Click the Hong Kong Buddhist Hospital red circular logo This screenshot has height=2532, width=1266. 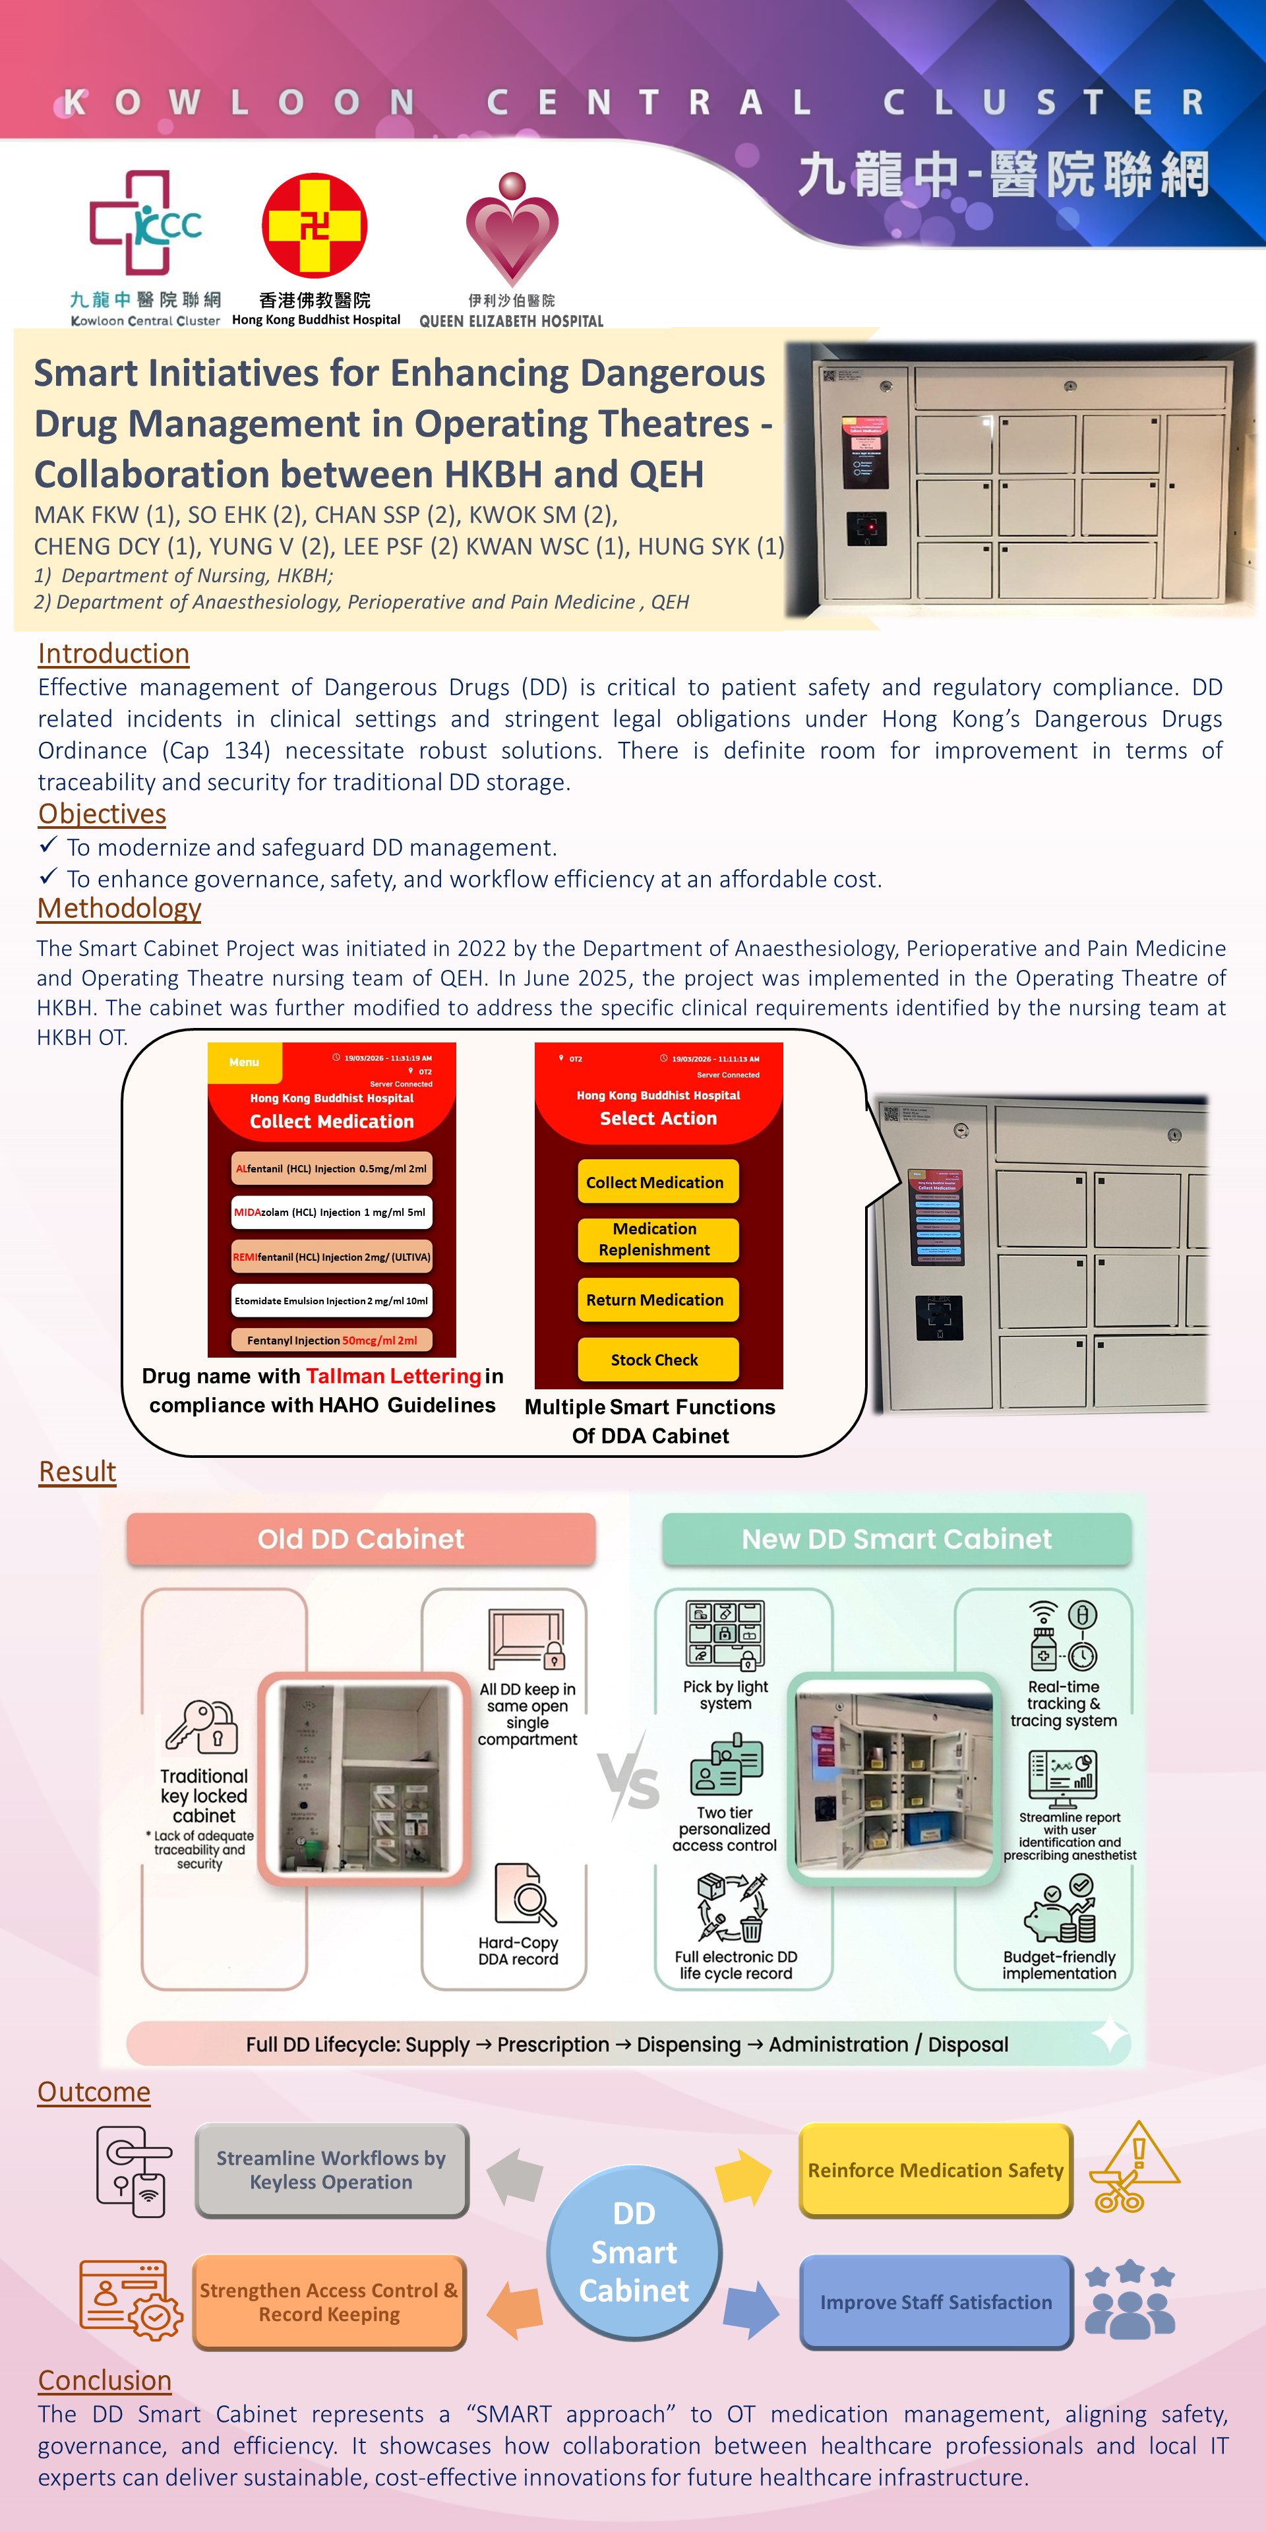(x=315, y=225)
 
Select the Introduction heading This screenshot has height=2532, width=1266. (x=113, y=653)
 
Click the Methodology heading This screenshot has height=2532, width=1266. (x=119, y=908)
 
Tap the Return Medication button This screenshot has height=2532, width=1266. (x=655, y=1300)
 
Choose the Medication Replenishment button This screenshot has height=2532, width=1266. (x=655, y=1240)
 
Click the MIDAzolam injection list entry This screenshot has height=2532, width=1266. (x=331, y=1212)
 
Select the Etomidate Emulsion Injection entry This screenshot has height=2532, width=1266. (x=331, y=1300)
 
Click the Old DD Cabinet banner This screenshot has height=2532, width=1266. (x=361, y=1538)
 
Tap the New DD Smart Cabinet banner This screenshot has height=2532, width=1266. (x=897, y=1538)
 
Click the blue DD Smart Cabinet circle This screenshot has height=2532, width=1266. (x=634, y=2251)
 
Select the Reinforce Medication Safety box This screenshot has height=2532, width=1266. (x=935, y=2170)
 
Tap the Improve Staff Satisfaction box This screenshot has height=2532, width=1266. (x=935, y=2302)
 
